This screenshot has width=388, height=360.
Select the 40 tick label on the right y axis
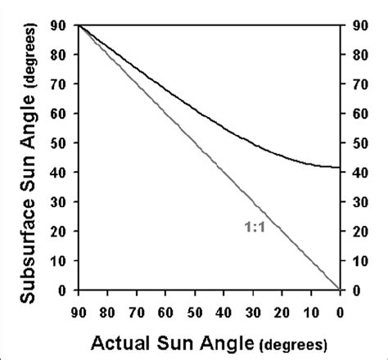(x=359, y=173)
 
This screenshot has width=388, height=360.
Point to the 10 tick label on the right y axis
(x=359, y=261)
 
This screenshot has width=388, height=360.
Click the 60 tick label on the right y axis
(x=359, y=114)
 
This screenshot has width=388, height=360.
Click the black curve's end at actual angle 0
(x=338, y=167)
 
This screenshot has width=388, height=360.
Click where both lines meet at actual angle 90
(x=78, y=26)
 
